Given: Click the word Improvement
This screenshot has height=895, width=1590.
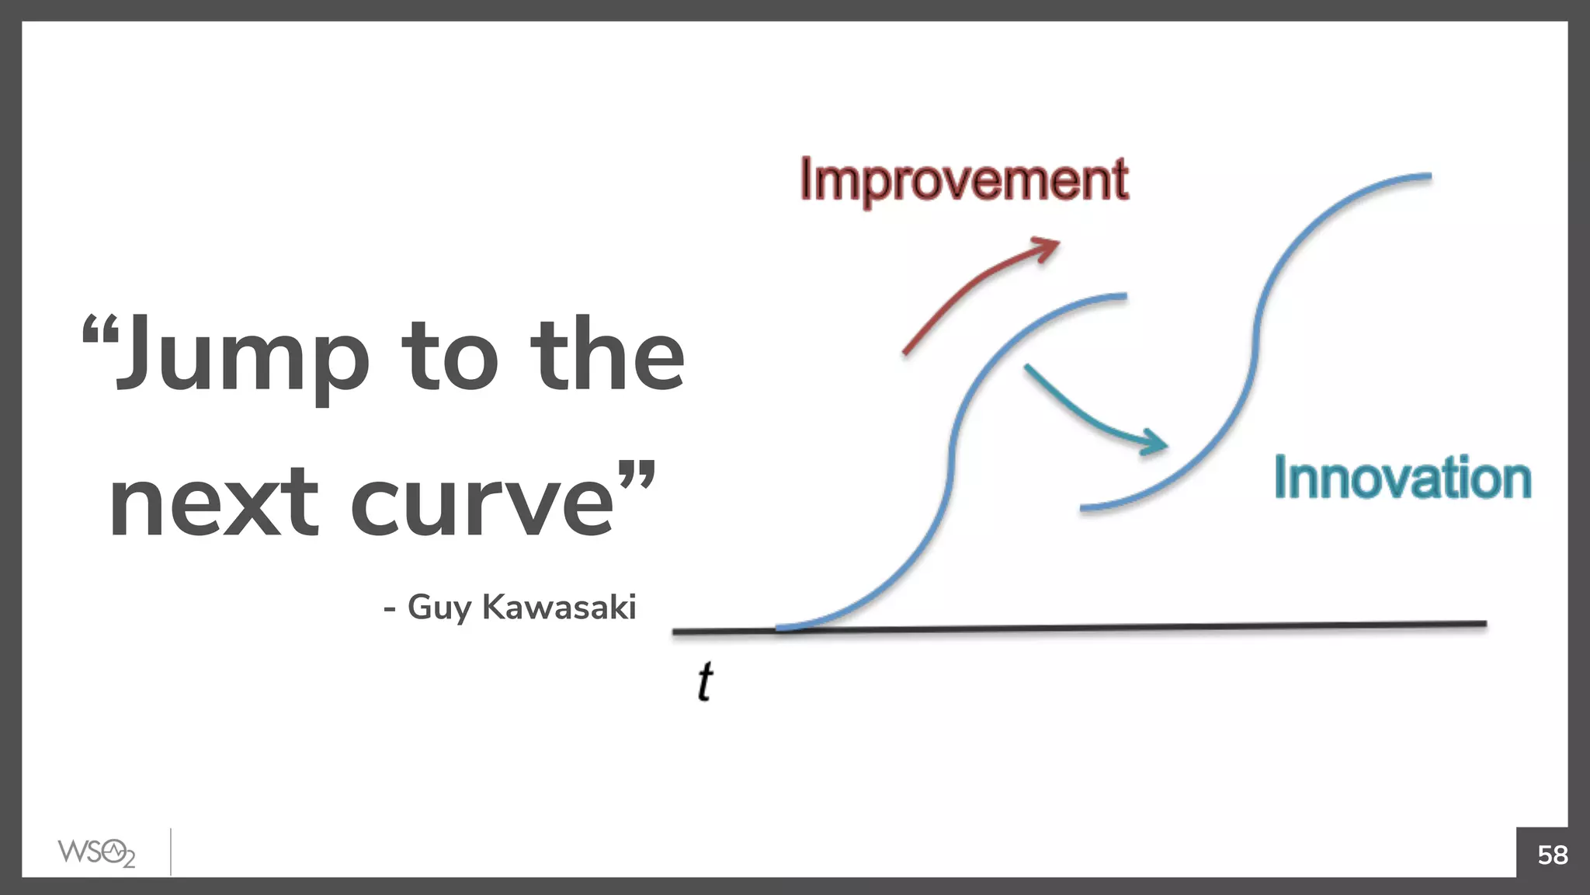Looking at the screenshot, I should pos(963,180).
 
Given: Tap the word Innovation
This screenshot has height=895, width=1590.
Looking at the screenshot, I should pos(1402,478).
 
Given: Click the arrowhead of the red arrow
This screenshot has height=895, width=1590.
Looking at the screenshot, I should pos(1049,247).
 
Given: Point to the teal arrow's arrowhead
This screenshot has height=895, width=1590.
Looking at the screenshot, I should pos(1155,443).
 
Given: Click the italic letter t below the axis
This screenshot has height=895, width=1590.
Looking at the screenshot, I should pos(704,682).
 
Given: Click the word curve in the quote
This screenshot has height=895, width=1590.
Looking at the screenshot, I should pos(482,503).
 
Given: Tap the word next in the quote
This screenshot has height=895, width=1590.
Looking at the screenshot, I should pos(214,503).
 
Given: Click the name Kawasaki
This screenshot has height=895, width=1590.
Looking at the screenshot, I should pos(559,607).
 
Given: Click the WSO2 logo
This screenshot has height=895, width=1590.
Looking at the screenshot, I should pos(96,852).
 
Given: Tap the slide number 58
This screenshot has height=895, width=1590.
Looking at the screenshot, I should pos(1552,855).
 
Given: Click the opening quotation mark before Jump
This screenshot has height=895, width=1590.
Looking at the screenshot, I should pos(99,329).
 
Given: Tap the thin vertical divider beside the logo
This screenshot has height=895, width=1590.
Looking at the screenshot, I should pos(171,852).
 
